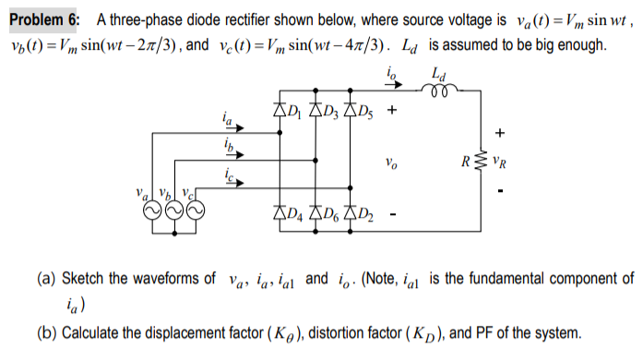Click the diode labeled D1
tap(280, 112)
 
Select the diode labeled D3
tap(316, 112)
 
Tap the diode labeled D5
tap(351, 112)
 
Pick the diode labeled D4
tap(280, 218)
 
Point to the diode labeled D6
tap(316, 218)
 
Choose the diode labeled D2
tap(351, 218)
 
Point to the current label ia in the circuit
tap(227, 118)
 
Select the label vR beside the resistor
tap(503, 166)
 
